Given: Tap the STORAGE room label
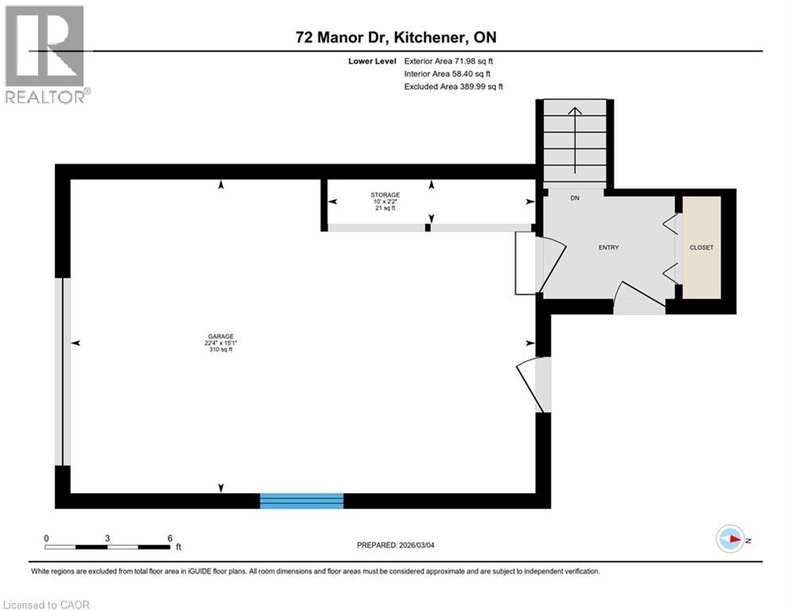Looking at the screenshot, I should (x=385, y=195).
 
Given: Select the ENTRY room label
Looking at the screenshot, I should (x=608, y=247).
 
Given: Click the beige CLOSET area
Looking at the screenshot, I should (x=701, y=247).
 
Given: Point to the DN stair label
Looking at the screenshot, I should (x=574, y=199).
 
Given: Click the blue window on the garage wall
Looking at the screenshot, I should (x=301, y=500).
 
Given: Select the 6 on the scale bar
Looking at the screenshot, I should (x=169, y=538).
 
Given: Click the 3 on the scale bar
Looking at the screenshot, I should (x=107, y=538).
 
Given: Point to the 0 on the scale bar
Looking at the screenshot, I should (x=46, y=538).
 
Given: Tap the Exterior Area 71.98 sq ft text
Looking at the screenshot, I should (x=453, y=60).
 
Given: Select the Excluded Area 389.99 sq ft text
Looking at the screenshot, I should (x=453, y=86).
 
